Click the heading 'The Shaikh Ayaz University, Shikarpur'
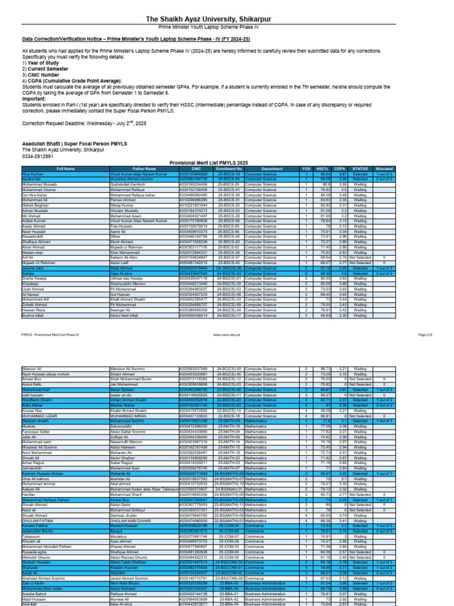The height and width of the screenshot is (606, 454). (x=227, y=20)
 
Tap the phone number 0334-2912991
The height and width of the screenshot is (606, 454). (x=37, y=156)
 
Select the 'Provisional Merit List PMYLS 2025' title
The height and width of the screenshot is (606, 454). (x=227, y=163)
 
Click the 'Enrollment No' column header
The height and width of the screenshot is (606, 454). (x=228, y=169)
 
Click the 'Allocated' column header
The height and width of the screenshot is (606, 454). (x=384, y=169)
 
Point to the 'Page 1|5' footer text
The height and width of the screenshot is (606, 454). (x=425, y=334)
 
